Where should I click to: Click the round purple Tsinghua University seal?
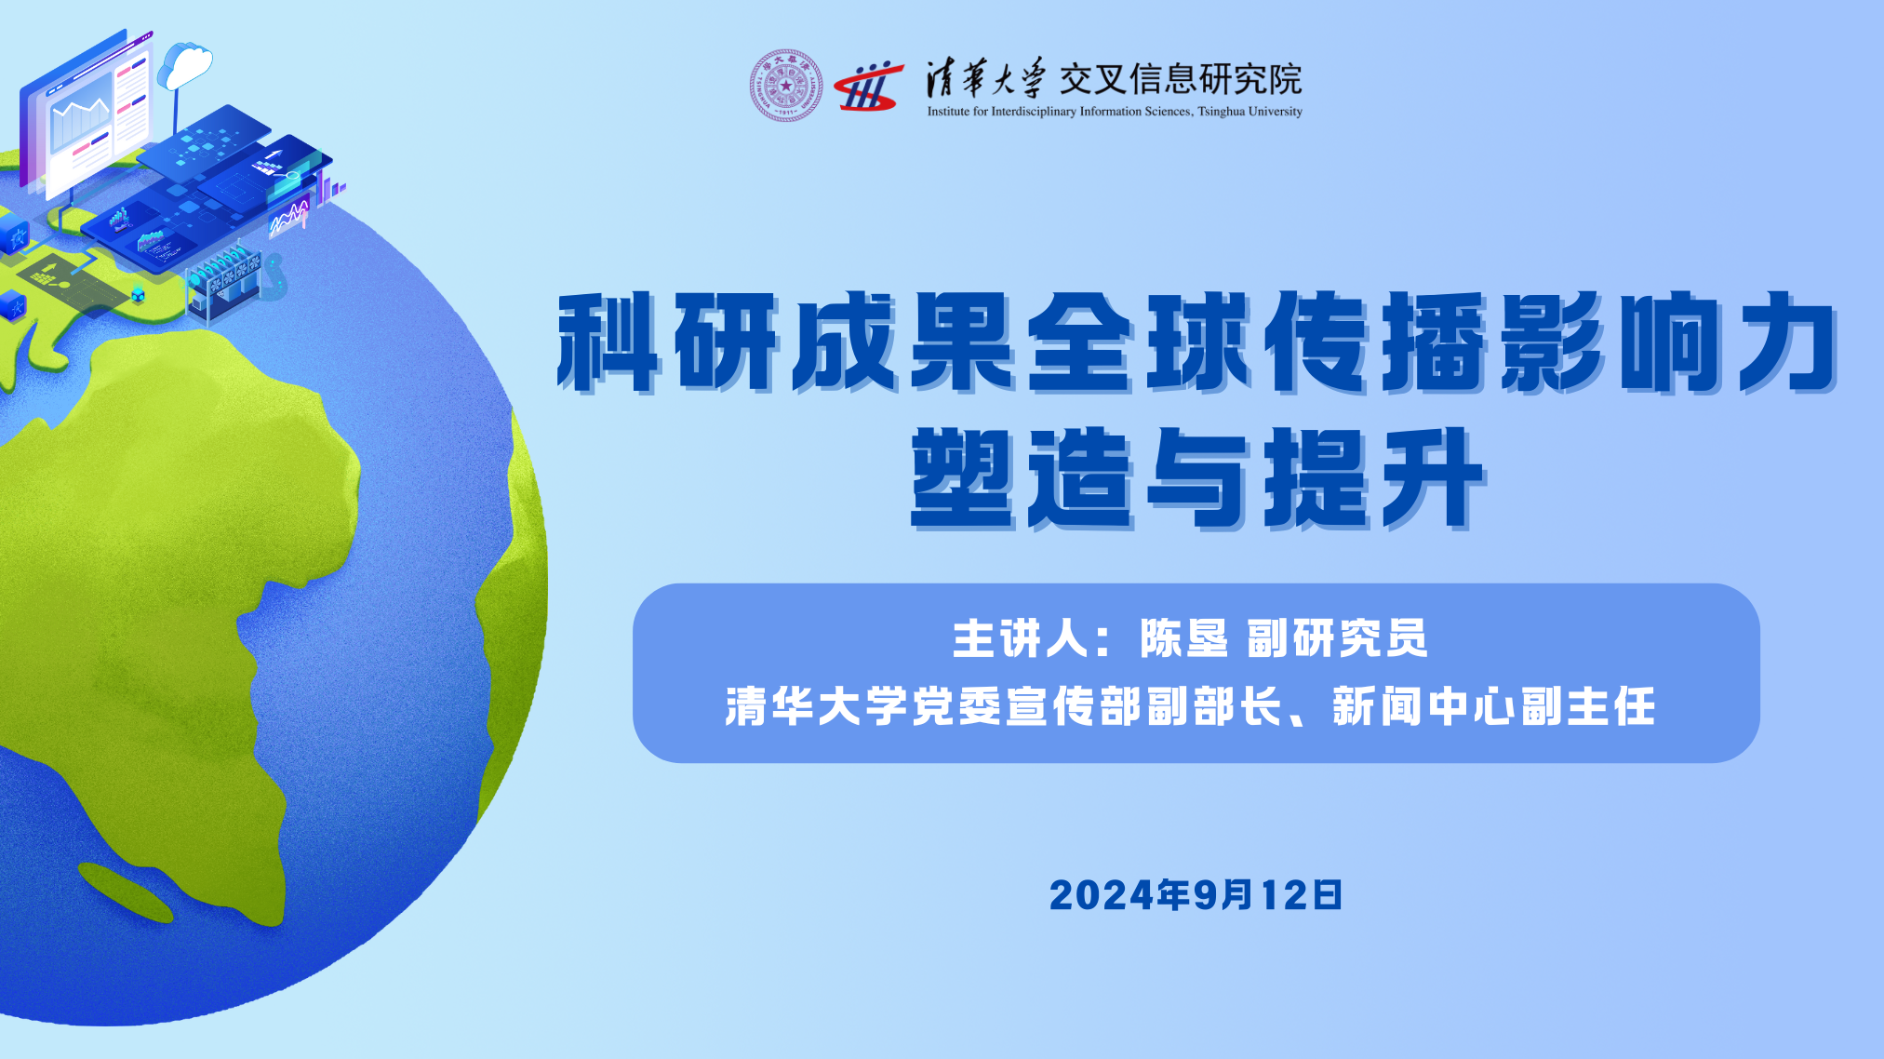pos(786,86)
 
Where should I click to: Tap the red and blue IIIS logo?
pos(869,87)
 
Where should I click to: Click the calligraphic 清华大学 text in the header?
pos(985,79)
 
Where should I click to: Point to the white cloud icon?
pos(186,65)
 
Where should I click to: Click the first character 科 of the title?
pos(608,341)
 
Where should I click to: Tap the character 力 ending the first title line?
pos(1787,341)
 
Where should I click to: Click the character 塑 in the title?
pos(962,477)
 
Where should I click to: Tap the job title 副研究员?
pos(1337,638)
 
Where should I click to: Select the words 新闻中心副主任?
pos(1494,706)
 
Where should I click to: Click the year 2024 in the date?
pos(1102,895)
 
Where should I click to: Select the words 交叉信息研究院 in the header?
pos(1181,80)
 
